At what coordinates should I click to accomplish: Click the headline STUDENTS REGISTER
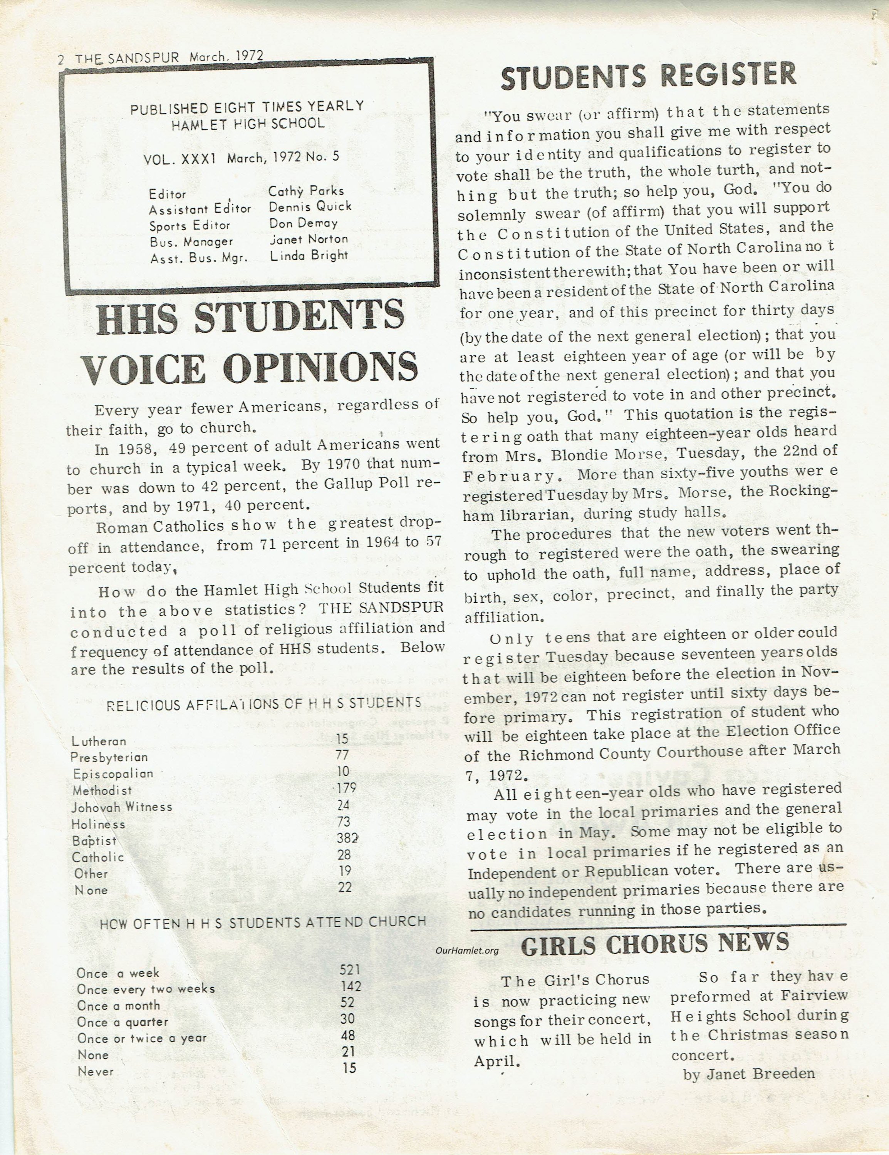pyautogui.click(x=648, y=75)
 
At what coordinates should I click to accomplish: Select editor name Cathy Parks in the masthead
pyautogui.click(x=306, y=191)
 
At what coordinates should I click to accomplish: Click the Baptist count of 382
pyautogui.click(x=348, y=838)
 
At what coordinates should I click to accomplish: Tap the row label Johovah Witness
pyautogui.click(x=122, y=807)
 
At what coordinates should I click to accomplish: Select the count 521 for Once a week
pyautogui.click(x=350, y=969)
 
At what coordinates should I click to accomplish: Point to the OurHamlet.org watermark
pyautogui.click(x=467, y=950)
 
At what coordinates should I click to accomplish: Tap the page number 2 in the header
pyautogui.click(x=61, y=59)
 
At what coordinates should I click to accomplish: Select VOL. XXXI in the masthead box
pyautogui.click(x=179, y=159)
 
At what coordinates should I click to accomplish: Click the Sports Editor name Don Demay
pyautogui.click(x=303, y=223)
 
